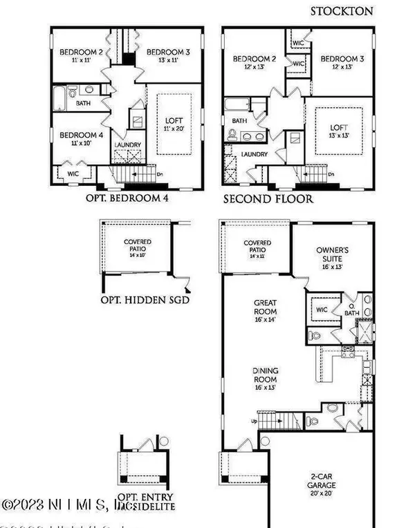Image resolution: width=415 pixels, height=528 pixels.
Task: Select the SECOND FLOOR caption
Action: click(x=268, y=199)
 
